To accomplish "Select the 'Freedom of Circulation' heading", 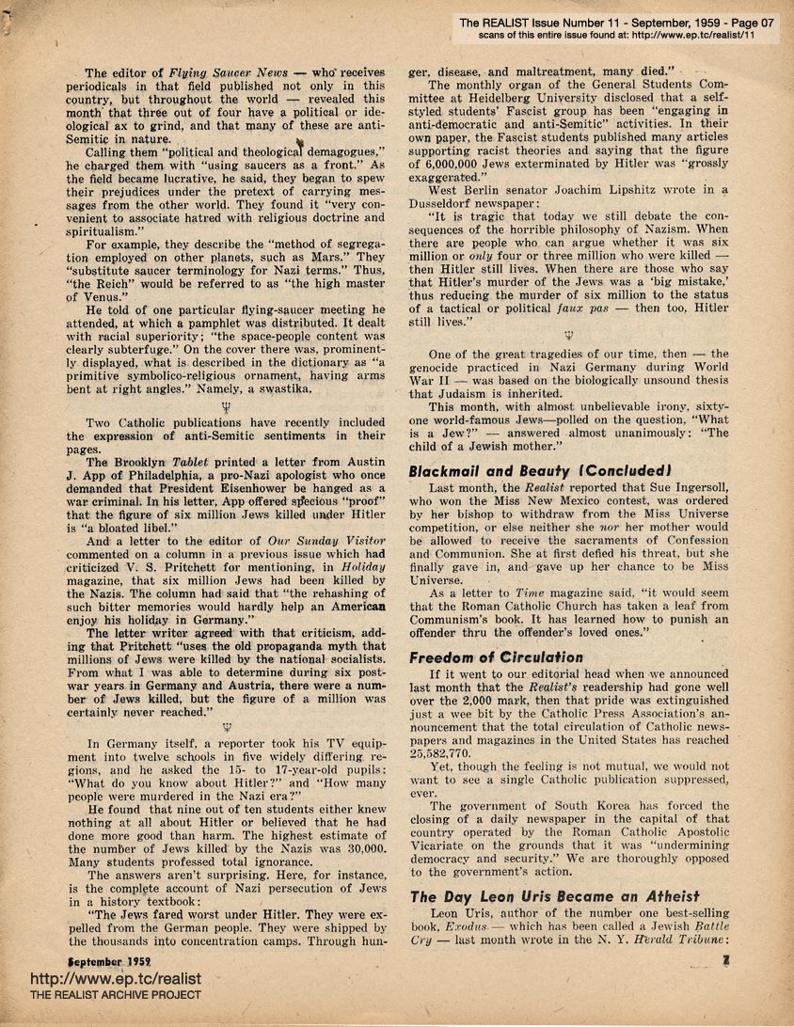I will tap(496, 657).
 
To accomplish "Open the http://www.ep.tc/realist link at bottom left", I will tap(102, 978).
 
